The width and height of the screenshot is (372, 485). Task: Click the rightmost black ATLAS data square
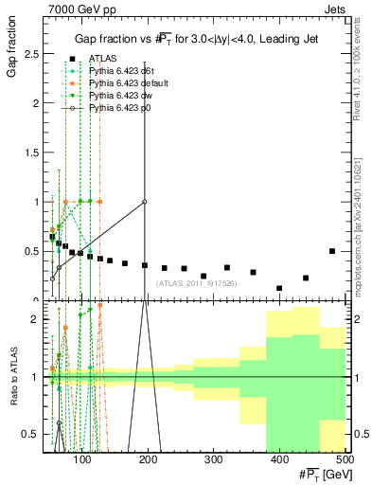click(x=332, y=251)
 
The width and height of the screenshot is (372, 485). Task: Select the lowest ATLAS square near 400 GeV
click(x=279, y=288)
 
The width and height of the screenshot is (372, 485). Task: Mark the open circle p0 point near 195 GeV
click(x=145, y=202)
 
